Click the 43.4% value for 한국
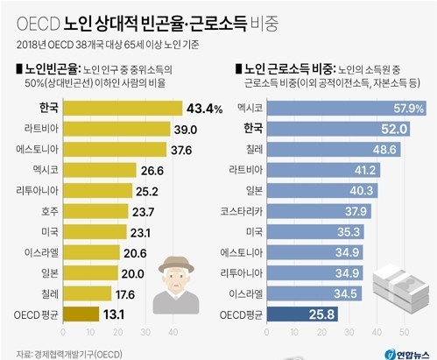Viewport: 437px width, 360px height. click(204, 109)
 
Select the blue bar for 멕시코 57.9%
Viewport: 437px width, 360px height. click(333, 109)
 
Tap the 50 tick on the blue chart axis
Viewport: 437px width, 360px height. click(404, 332)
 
